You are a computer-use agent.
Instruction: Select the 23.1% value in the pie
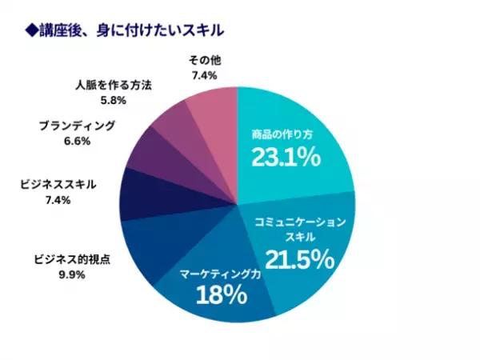tap(286, 157)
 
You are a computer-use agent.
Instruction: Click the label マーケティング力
tap(221, 273)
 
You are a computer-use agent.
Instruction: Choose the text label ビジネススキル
tap(58, 185)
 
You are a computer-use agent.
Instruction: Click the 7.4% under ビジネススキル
tap(58, 200)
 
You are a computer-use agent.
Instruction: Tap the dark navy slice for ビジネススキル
tap(144, 192)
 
